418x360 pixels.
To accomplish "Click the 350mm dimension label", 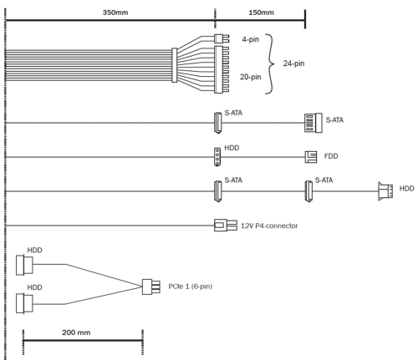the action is [115, 13].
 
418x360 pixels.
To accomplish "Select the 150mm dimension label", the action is [261, 13].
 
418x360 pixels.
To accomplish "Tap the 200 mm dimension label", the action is [76, 332].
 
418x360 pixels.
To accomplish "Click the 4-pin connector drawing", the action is [222, 38].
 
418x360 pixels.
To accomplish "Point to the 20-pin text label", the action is [251, 77].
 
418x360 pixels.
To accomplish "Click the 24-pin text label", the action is [293, 63].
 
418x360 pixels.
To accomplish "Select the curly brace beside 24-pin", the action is [270, 64].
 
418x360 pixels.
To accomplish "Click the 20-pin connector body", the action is [222, 69].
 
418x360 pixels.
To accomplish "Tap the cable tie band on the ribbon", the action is [175, 65].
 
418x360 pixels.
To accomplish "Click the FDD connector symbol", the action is [311, 157].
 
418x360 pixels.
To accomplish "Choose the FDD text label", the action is [331, 156].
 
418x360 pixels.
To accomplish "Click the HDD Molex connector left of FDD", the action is [217, 157].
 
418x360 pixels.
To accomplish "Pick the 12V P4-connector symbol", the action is [226, 226].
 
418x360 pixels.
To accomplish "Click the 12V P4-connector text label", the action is [269, 226].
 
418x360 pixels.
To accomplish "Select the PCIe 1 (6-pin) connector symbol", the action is [151, 286].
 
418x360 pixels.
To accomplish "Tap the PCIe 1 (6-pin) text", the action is [191, 286].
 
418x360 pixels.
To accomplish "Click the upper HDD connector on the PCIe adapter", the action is [24, 265].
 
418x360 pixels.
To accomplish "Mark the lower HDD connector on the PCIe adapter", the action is [24, 303].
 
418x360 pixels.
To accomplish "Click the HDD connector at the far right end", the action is [385, 191].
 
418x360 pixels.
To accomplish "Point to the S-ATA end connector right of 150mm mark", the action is [313, 123].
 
